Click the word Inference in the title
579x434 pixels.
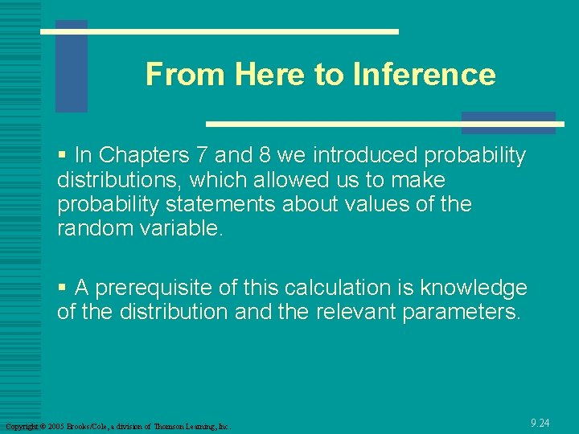coord(423,75)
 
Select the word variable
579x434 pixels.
coord(179,228)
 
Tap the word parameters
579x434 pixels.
coord(460,312)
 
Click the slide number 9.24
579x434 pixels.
coord(540,423)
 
